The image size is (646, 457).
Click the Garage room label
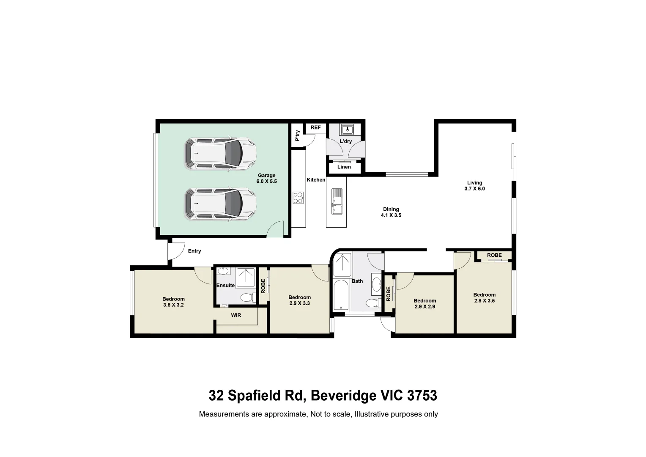click(x=266, y=178)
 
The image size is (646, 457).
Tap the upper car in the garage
click(x=220, y=154)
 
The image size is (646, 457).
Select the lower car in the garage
click(x=220, y=204)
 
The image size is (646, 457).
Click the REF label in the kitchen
click(x=315, y=127)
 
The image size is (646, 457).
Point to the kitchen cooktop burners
click(x=298, y=198)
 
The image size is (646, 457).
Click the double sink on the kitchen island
click(x=337, y=202)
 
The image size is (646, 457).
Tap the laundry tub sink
click(x=347, y=129)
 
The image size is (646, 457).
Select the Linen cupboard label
click(x=344, y=167)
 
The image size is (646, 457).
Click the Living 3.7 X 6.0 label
click(x=474, y=186)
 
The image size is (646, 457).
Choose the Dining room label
click(x=391, y=212)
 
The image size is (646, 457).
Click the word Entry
click(x=194, y=251)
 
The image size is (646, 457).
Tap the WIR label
click(x=236, y=315)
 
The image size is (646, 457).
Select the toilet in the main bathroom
click(x=372, y=303)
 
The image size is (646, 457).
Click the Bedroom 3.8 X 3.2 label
click(x=173, y=302)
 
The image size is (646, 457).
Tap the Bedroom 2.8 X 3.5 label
click(x=484, y=297)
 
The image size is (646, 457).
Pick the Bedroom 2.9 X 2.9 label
click(x=424, y=303)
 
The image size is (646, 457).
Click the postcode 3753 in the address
click(x=422, y=395)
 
